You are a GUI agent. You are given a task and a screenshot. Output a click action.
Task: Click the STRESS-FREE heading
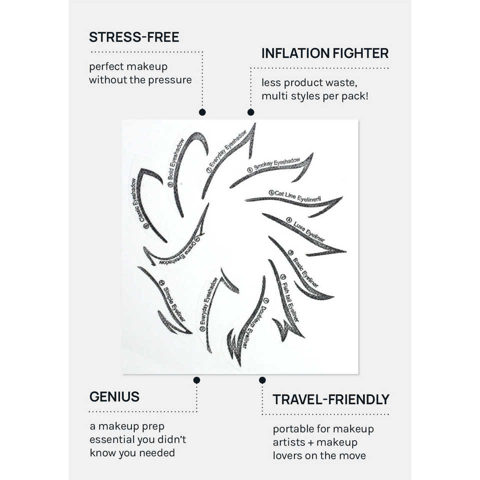pyautogui.click(x=134, y=37)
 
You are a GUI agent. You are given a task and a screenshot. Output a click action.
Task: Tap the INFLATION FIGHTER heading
pyautogui.click(x=325, y=53)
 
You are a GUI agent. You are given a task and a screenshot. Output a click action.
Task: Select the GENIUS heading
pyautogui.click(x=114, y=397)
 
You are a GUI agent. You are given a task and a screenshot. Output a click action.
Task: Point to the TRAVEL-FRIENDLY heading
pyautogui.click(x=330, y=399)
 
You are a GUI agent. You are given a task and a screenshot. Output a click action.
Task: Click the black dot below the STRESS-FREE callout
pyautogui.click(x=202, y=112)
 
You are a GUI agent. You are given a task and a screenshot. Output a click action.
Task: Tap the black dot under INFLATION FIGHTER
pyautogui.click(x=250, y=112)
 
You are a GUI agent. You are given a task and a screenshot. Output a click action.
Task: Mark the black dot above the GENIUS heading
pyautogui.click(x=196, y=380)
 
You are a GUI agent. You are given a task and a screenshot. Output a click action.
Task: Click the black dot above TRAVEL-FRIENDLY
pyautogui.click(x=262, y=380)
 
